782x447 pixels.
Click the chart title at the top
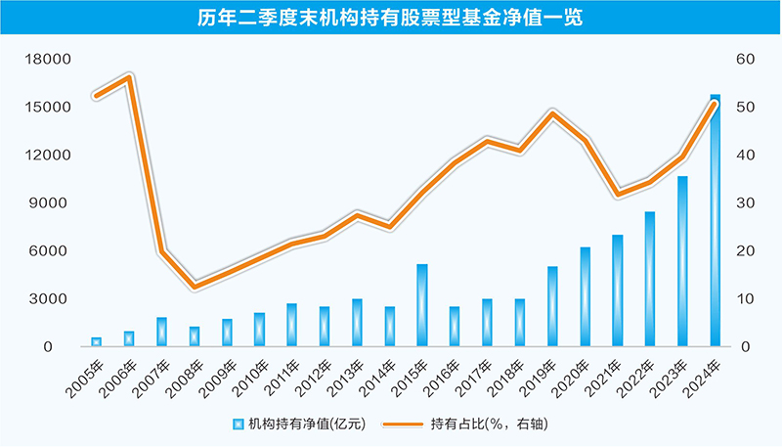pyautogui.click(x=390, y=19)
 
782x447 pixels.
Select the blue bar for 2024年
pyautogui.click(x=716, y=221)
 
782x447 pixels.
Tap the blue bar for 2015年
pyautogui.click(x=422, y=305)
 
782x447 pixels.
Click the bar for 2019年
pyautogui.click(x=552, y=306)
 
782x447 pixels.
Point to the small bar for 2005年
pyautogui.click(x=97, y=341)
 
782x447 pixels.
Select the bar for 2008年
pyautogui.click(x=195, y=336)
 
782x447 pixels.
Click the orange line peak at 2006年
pyautogui.click(x=129, y=77)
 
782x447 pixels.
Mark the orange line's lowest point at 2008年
pyautogui.click(x=195, y=286)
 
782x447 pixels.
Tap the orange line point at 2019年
pyautogui.click(x=552, y=113)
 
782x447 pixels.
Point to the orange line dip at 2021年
pyautogui.click(x=618, y=194)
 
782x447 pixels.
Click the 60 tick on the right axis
pyautogui.click(x=747, y=59)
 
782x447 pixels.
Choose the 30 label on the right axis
pyautogui.click(x=747, y=203)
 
